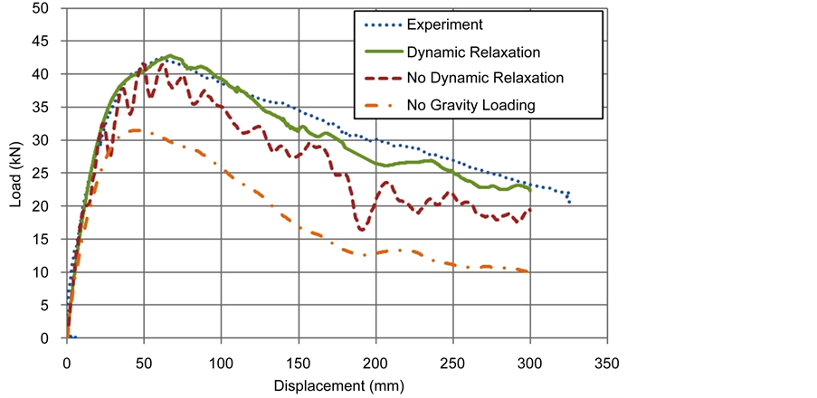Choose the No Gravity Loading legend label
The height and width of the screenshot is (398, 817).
482,104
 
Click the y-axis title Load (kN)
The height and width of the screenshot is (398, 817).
16,173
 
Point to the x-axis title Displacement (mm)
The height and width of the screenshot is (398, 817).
336,385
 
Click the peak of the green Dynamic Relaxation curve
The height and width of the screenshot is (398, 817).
169,55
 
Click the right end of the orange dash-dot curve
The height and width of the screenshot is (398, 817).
528,271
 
